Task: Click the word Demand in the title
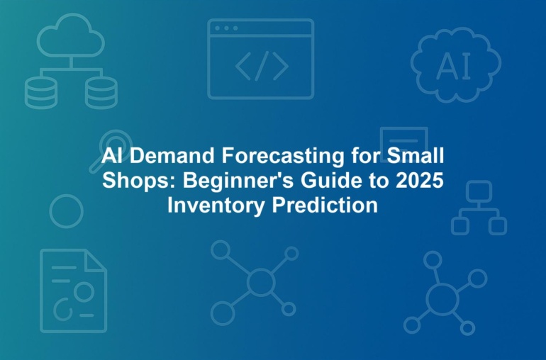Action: pos(172,155)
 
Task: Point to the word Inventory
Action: pos(216,206)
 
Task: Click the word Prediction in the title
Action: pos(325,205)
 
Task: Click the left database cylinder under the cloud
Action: pos(41,93)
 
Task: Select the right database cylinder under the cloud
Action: pos(101,93)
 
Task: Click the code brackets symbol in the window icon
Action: pos(262,66)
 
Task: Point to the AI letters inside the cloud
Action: pos(453,66)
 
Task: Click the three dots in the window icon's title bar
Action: pos(226,28)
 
